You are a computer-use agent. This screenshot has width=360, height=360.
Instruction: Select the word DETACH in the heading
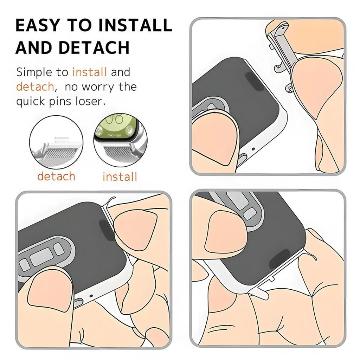pyautogui.click(x=94, y=47)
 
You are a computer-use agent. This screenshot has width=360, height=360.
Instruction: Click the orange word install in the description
pyautogui.click(x=90, y=72)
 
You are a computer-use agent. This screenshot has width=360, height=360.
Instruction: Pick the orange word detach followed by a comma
pyautogui.click(x=36, y=87)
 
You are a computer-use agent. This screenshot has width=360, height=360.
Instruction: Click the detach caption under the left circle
pyautogui.click(x=57, y=176)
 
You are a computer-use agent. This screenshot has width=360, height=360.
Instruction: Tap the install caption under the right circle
pyautogui.click(x=120, y=177)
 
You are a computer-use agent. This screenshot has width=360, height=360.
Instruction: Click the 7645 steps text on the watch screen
pyautogui.click(x=114, y=135)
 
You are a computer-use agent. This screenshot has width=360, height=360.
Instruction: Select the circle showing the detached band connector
pyautogui.click(x=56, y=142)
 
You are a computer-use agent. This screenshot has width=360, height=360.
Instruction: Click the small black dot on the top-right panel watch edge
pyautogui.click(x=253, y=149)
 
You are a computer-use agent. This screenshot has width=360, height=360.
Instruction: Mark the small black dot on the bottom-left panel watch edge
pyautogui.click(x=91, y=296)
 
